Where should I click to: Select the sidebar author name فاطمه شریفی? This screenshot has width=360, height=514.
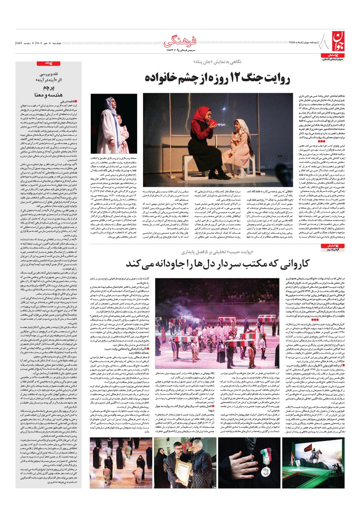point(69,102)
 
